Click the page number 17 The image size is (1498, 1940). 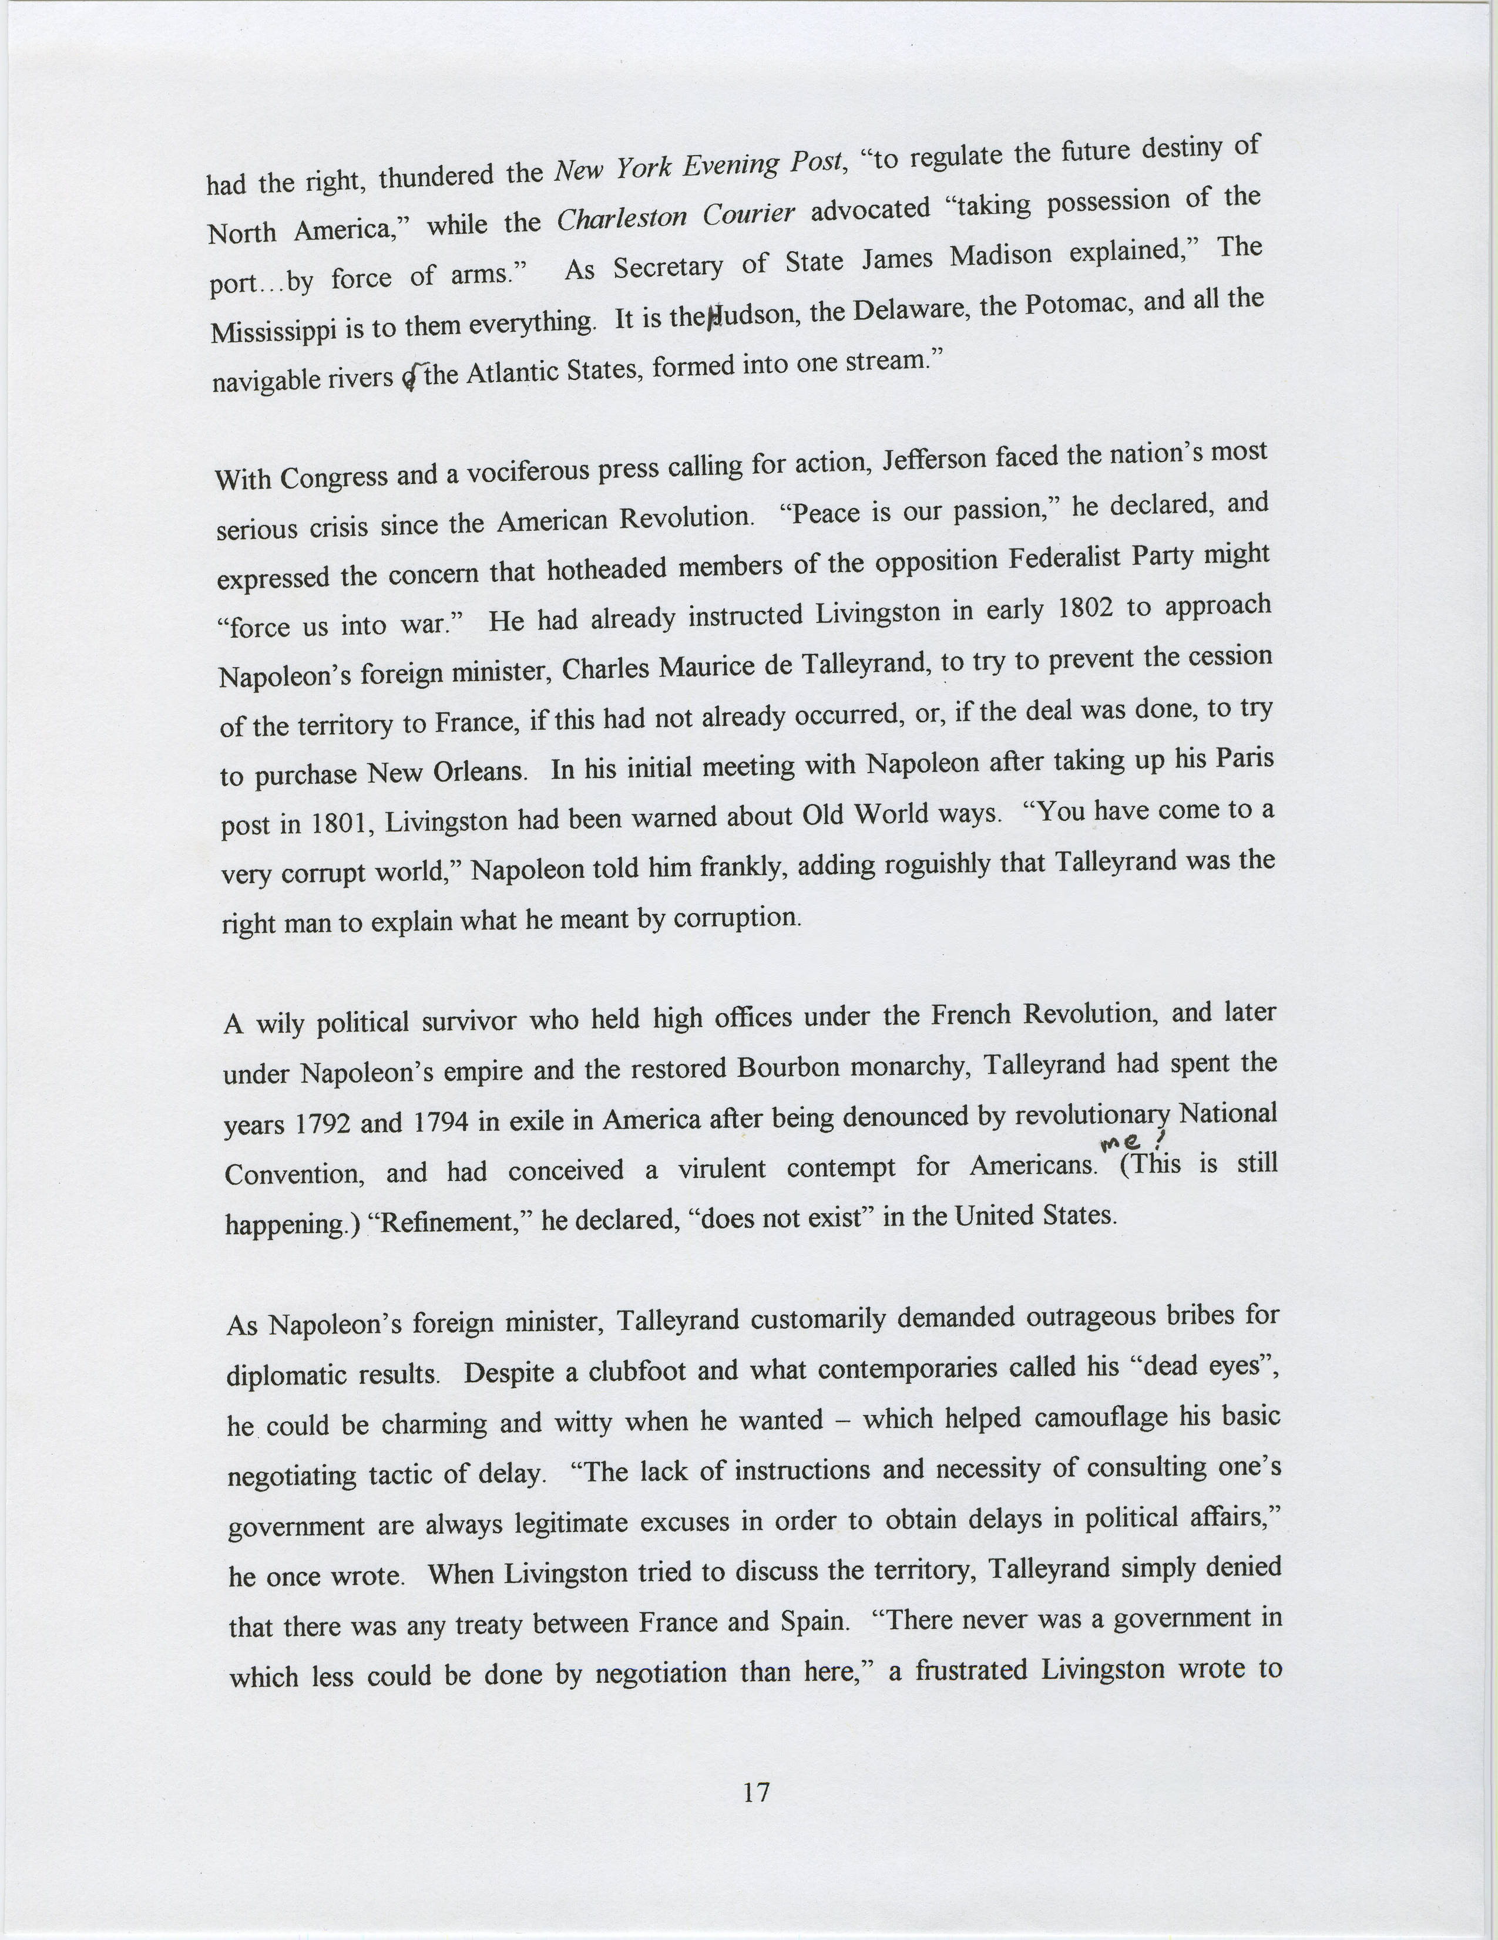tap(756, 1793)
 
